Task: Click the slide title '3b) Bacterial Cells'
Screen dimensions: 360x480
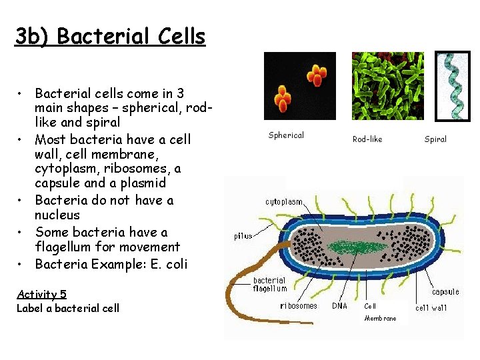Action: (x=110, y=36)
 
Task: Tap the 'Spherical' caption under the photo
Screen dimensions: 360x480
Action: (x=286, y=135)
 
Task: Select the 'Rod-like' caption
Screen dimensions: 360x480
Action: (x=367, y=139)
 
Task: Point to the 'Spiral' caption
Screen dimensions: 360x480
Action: (x=435, y=139)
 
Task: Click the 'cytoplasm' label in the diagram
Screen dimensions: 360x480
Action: (x=284, y=201)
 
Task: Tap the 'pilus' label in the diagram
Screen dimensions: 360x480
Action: (x=243, y=235)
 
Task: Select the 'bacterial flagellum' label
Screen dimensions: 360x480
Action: (x=269, y=285)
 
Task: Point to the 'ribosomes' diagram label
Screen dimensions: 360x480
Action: (x=299, y=306)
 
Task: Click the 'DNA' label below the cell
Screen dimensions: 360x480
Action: (x=339, y=306)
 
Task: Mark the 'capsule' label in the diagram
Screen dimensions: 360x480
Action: (x=445, y=292)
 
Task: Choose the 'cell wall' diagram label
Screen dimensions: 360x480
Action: (x=431, y=307)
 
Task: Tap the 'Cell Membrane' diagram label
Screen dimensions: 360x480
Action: (x=379, y=312)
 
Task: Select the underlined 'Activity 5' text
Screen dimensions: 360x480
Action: (x=41, y=294)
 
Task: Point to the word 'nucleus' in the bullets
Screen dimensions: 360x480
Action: (x=57, y=215)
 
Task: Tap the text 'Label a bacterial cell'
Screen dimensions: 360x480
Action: (x=68, y=307)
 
